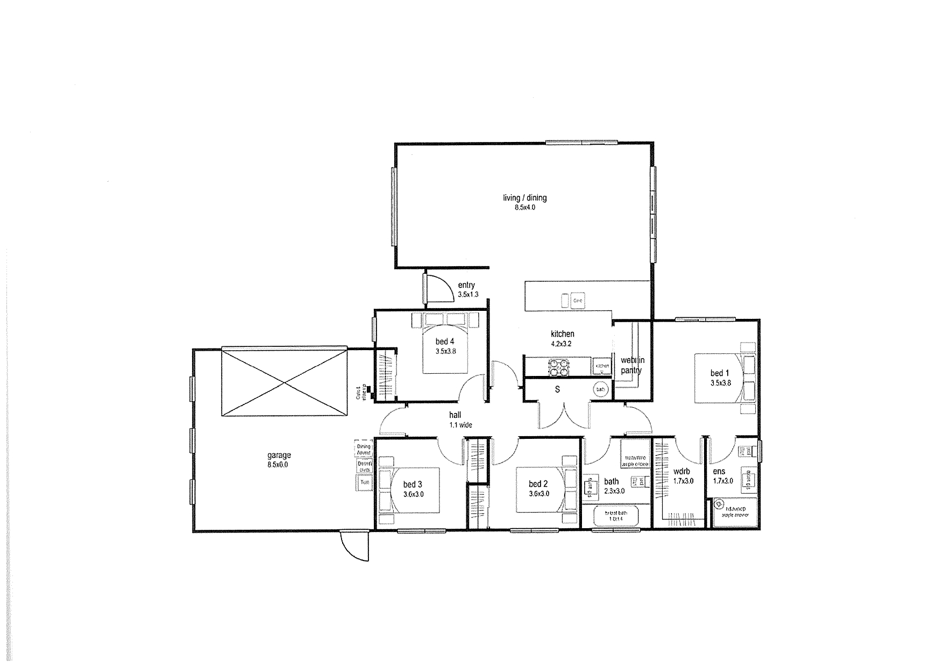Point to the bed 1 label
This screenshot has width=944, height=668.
pos(720,373)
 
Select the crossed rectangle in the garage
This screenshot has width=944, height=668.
pos(284,382)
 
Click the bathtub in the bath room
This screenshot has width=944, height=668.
pos(615,517)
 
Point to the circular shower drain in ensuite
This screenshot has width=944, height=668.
pos(718,504)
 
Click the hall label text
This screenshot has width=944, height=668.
pos(455,416)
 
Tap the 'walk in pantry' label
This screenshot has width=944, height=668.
pos(632,365)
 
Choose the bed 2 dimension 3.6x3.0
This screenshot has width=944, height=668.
pos(538,494)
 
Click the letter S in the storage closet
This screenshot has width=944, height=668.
pos(557,389)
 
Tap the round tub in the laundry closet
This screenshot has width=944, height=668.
pos(600,389)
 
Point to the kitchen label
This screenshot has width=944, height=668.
pos(562,334)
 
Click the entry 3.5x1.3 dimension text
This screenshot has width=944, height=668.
pos(468,295)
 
